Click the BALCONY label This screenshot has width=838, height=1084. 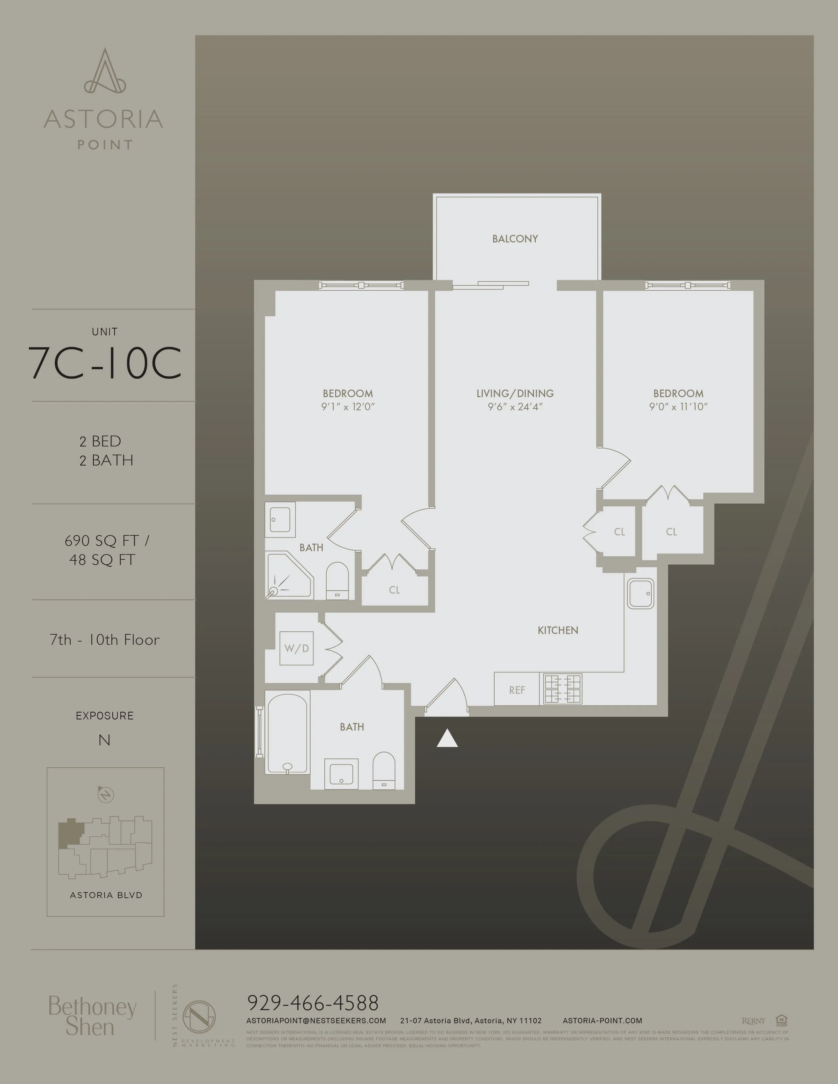515,239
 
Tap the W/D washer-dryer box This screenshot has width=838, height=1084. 296,648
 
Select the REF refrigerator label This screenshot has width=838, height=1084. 517,690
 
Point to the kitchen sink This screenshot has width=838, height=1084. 640,593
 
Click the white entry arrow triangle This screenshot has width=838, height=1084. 447,738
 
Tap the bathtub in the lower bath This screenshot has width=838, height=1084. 287,733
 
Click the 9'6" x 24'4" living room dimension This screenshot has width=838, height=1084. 515,407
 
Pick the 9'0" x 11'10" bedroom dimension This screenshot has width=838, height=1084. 678,407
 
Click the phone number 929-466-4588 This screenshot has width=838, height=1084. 313,1003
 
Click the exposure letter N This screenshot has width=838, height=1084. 104,740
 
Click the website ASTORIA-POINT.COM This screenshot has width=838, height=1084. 602,1021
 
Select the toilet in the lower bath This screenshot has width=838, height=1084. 384,770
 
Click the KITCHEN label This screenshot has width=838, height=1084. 557,630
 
